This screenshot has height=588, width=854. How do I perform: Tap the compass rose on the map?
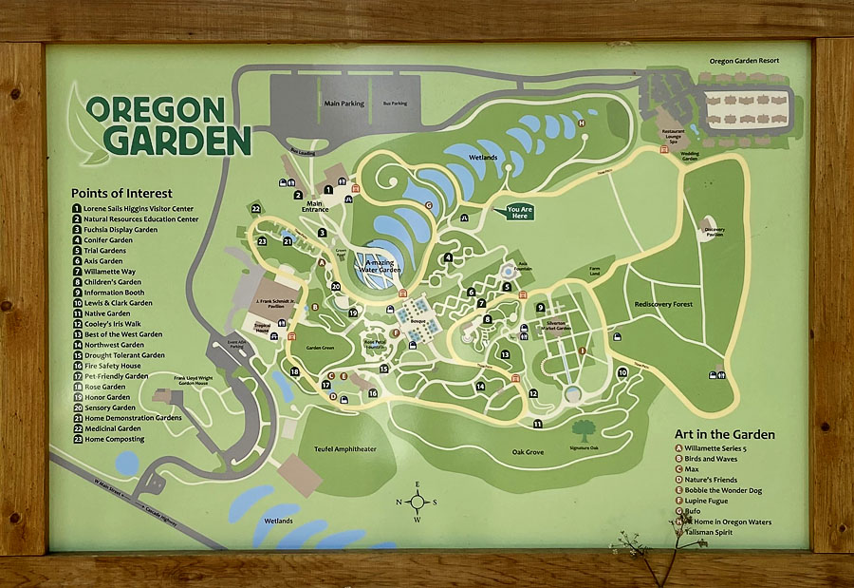point(418,502)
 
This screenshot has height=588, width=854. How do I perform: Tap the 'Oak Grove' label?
point(528,452)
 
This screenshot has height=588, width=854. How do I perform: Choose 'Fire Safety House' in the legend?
point(111,366)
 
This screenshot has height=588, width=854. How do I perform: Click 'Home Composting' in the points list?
point(113,439)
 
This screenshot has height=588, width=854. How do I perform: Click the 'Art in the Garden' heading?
point(724,434)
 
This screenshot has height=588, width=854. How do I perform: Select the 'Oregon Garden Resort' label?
point(744,61)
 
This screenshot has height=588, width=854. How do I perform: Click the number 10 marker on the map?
point(622,372)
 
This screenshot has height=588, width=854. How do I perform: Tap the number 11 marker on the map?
point(537,424)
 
